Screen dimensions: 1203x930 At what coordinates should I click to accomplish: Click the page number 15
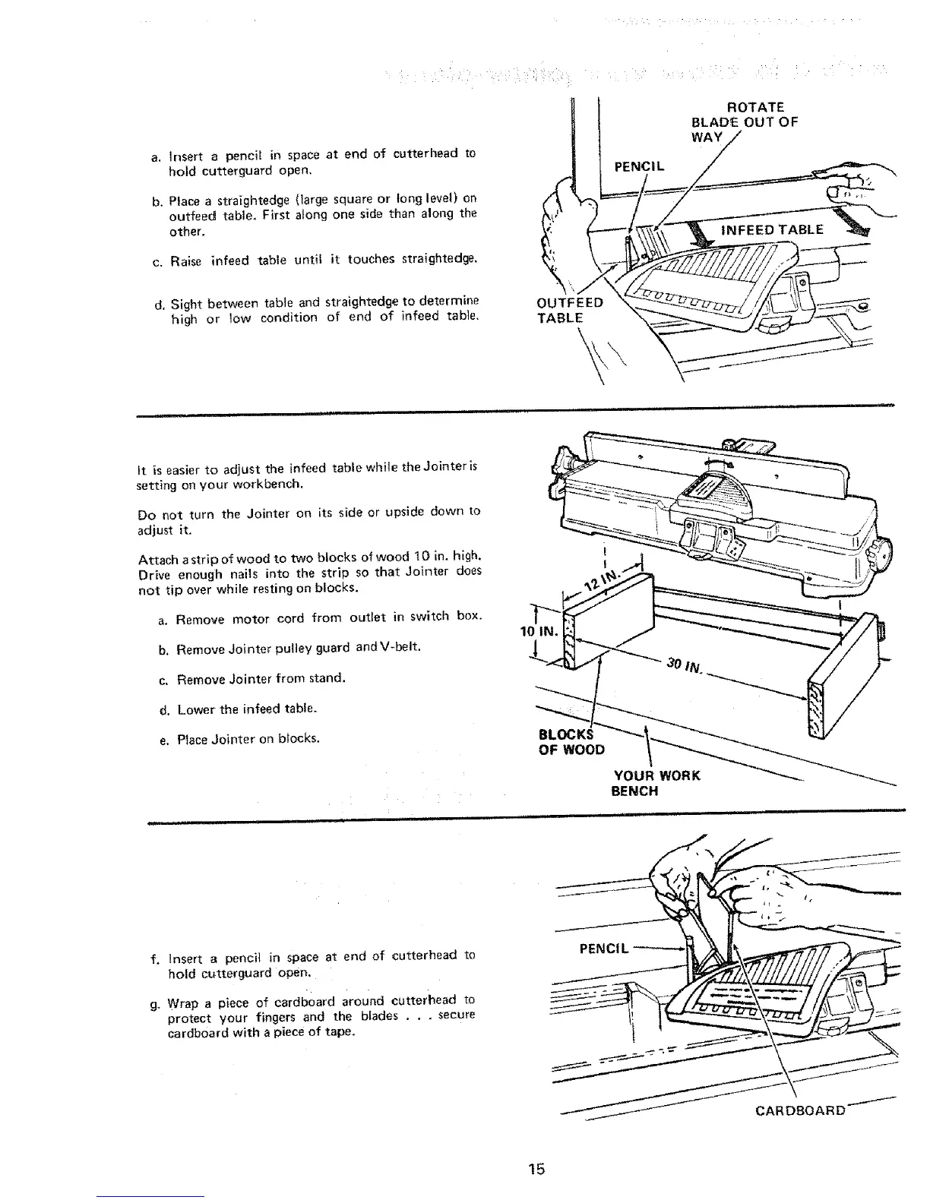pyautogui.click(x=537, y=1168)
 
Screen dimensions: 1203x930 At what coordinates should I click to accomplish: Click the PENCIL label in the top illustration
pyautogui.click(x=639, y=166)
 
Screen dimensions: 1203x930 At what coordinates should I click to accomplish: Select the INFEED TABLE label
pyautogui.click(x=770, y=229)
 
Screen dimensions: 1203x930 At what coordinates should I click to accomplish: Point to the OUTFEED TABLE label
pyautogui.click(x=570, y=310)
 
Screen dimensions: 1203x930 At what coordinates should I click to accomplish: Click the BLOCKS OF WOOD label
pyautogui.click(x=571, y=742)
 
